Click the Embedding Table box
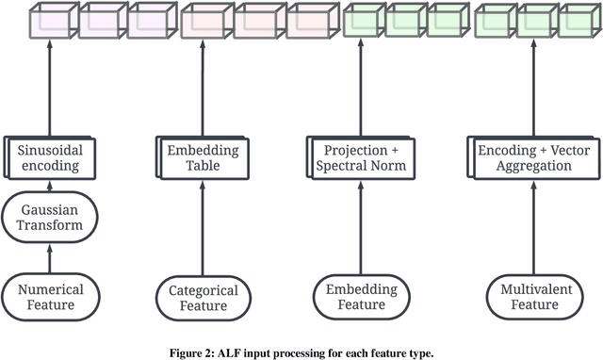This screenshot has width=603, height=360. pos(203,157)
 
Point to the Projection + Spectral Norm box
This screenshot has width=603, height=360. pos(362,157)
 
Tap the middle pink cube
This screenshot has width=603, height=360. pos(259,21)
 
